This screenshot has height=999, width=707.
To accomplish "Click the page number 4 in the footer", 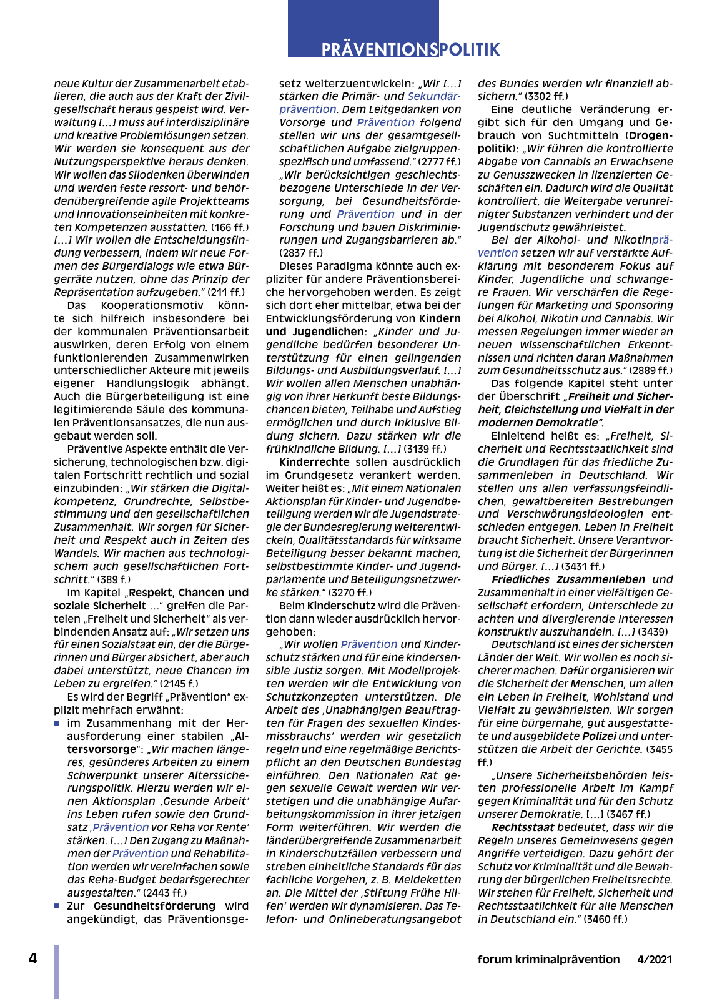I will click(33, 958).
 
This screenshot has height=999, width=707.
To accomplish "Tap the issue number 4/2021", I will click(655, 960).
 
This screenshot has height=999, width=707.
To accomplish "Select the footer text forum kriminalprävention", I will click(548, 960).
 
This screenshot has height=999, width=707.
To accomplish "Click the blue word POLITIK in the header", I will click(469, 49).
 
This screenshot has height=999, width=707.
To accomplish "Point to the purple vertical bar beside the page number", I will click(56, 972).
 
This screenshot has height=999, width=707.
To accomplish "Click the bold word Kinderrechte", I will click(314, 462).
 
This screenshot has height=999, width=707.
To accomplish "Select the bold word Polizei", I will click(599, 736).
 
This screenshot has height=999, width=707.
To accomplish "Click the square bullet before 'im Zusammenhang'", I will click(57, 724).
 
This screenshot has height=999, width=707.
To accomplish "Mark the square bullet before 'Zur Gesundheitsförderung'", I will click(57, 906).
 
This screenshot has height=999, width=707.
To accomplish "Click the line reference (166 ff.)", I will click(230, 227).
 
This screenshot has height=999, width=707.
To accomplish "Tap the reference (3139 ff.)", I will click(425, 449).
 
